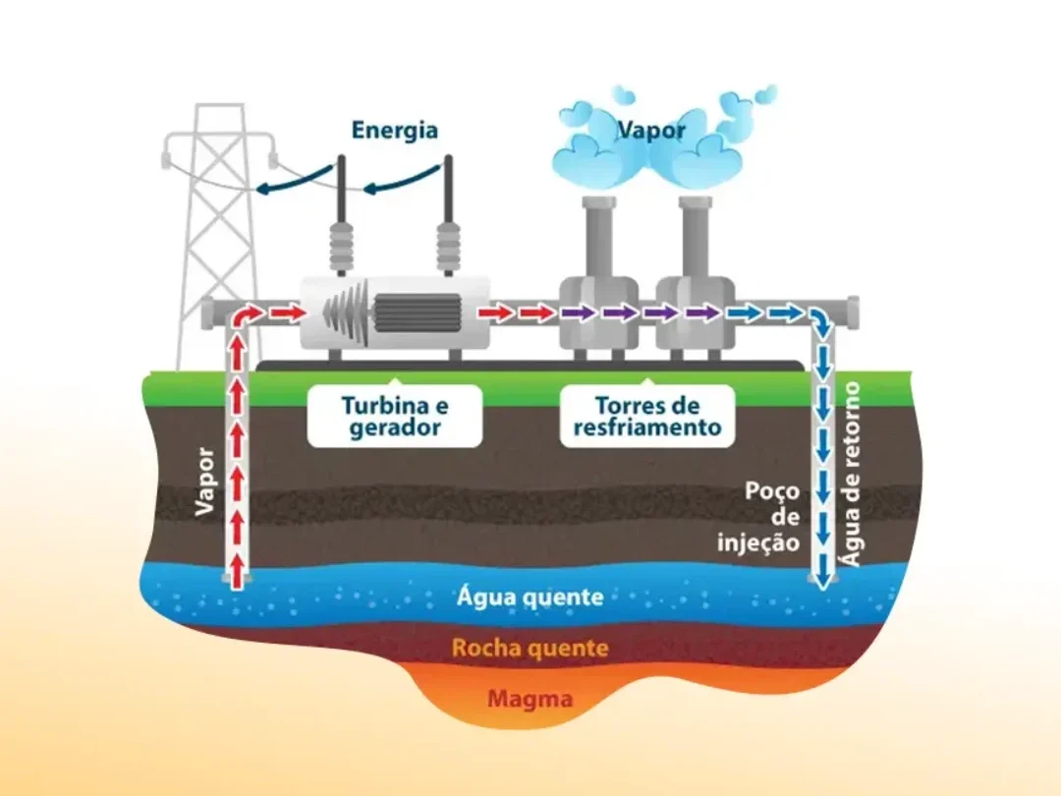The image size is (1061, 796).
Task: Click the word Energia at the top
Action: point(395,131)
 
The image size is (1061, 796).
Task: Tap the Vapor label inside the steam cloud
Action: point(651,130)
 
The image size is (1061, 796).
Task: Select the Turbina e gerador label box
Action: point(395,416)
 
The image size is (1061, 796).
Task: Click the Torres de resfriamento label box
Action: point(647,416)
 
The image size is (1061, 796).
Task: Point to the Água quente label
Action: point(530,597)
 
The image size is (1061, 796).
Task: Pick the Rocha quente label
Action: point(530,648)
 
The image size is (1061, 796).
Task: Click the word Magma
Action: point(530,698)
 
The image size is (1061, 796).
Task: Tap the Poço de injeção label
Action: point(759,517)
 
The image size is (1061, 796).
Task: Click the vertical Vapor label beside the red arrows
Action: point(205,482)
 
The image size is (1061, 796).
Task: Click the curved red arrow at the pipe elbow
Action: point(247,316)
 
